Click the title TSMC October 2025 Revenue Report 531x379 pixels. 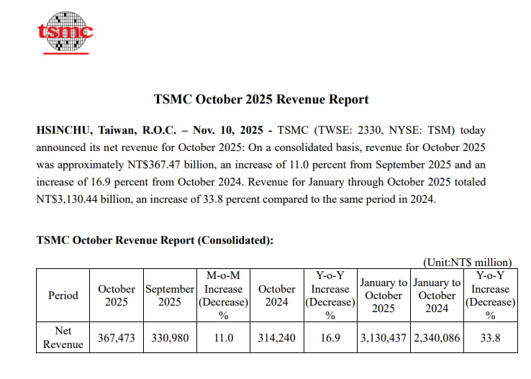261,100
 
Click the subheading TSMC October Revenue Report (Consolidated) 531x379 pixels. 155,240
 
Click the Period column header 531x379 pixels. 63,295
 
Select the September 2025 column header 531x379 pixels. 170,295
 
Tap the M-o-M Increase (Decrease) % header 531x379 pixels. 223,295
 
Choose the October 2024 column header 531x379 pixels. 277,295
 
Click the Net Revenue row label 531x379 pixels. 63,337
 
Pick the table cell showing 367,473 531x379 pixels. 117,338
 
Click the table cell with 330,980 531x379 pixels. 170,338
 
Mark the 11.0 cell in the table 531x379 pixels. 223,338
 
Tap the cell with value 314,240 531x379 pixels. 277,338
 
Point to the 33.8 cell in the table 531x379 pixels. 491,338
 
